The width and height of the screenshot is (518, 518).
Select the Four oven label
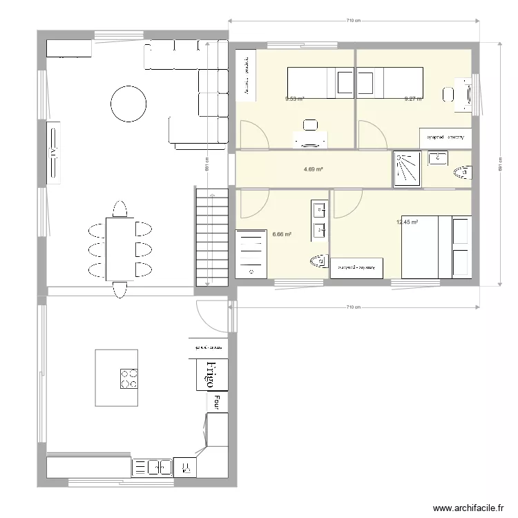(217, 401)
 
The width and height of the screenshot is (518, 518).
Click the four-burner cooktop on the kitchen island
(128, 378)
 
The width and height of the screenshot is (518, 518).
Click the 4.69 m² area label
(314, 169)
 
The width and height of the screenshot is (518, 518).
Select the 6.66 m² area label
(282, 234)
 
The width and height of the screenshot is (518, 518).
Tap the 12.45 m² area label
(407, 222)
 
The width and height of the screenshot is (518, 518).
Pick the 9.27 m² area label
(413, 99)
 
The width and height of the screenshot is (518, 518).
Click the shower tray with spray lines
(406, 169)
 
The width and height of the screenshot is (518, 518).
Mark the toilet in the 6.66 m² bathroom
(318, 261)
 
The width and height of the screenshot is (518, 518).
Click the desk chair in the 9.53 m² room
(310, 125)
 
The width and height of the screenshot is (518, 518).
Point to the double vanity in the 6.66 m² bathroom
(320, 219)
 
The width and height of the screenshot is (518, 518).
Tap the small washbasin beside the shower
(437, 159)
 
